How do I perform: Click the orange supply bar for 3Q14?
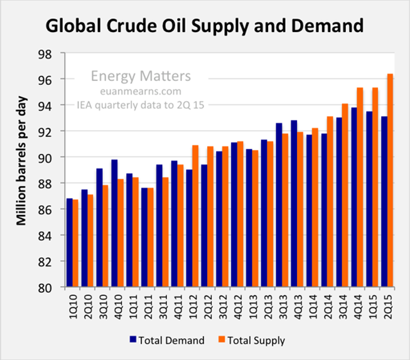(345, 195)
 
